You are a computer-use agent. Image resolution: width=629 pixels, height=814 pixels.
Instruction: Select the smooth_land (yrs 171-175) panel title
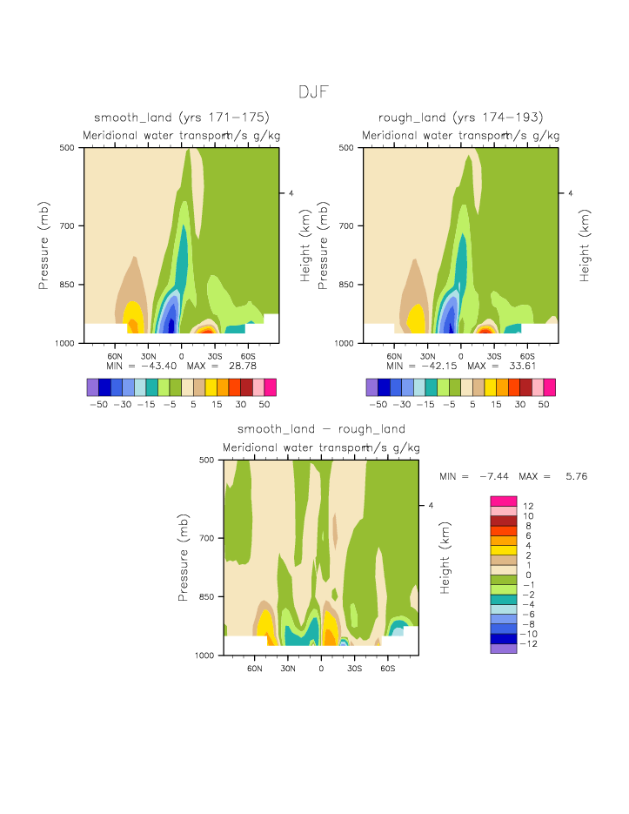click(182, 118)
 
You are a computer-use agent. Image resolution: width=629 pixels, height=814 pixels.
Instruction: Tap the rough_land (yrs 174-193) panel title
click(461, 118)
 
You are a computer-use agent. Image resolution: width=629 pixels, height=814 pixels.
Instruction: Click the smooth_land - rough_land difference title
click(321, 429)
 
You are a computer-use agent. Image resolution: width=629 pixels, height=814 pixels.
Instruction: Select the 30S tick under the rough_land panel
click(494, 356)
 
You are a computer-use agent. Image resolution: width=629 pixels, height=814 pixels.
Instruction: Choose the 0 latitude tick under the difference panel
click(321, 668)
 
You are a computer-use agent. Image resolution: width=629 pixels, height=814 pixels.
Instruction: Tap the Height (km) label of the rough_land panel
click(585, 246)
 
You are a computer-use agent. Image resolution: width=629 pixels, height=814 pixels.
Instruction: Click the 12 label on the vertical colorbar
click(527, 507)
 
